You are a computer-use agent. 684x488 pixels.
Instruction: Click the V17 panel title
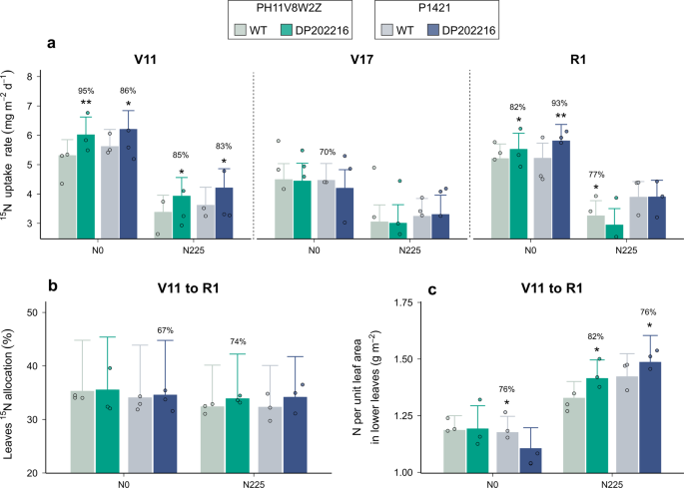tap(362, 59)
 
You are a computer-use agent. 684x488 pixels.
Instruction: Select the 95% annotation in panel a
tap(86, 91)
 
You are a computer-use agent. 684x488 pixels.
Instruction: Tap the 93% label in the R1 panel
tap(559, 103)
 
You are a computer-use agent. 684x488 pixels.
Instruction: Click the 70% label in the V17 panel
tap(328, 152)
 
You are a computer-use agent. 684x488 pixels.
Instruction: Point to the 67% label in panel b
tap(166, 330)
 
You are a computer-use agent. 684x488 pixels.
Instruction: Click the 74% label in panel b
tap(239, 341)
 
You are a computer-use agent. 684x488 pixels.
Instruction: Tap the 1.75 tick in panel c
tap(404, 302)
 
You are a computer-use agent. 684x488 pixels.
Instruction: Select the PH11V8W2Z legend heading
tap(290, 9)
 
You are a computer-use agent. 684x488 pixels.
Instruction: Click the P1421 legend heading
tap(436, 9)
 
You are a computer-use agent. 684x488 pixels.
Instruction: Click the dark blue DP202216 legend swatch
tap(433, 30)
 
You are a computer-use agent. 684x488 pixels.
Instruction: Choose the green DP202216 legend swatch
tap(287, 30)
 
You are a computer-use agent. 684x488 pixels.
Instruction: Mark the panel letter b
tap(53, 286)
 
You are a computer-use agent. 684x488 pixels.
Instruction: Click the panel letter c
tap(432, 289)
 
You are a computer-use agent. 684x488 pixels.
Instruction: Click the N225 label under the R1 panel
tap(626, 250)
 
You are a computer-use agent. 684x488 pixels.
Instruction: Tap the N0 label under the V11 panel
tap(98, 250)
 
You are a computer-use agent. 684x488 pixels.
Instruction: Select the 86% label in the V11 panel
tap(128, 91)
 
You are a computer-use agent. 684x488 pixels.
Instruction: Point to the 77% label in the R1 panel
tap(596, 175)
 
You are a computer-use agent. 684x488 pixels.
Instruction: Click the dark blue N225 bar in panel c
tap(650, 417)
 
